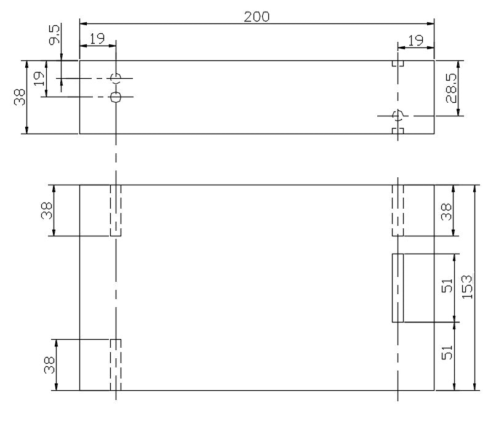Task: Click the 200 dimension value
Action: coord(257,17)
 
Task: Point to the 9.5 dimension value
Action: coord(54,35)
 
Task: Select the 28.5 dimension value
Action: coord(452,88)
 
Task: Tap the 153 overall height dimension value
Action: coord(468,287)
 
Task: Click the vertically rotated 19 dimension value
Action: coord(39,79)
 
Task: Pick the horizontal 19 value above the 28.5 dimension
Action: coord(415,40)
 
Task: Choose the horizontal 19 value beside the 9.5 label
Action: coord(97,39)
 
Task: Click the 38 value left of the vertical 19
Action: coord(20,97)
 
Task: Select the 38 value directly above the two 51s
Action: coord(446,212)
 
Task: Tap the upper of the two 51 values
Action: coord(447,286)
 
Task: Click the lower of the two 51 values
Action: coord(447,352)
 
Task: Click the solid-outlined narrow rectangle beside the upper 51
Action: coord(398,288)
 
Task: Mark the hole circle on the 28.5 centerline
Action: coord(398,116)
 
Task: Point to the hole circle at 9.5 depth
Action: coord(116,78)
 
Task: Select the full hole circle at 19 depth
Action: coord(116,97)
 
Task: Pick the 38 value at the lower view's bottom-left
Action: coord(49,365)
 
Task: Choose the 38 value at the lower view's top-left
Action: coord(47,210)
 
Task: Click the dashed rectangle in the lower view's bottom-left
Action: coord(116,365)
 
